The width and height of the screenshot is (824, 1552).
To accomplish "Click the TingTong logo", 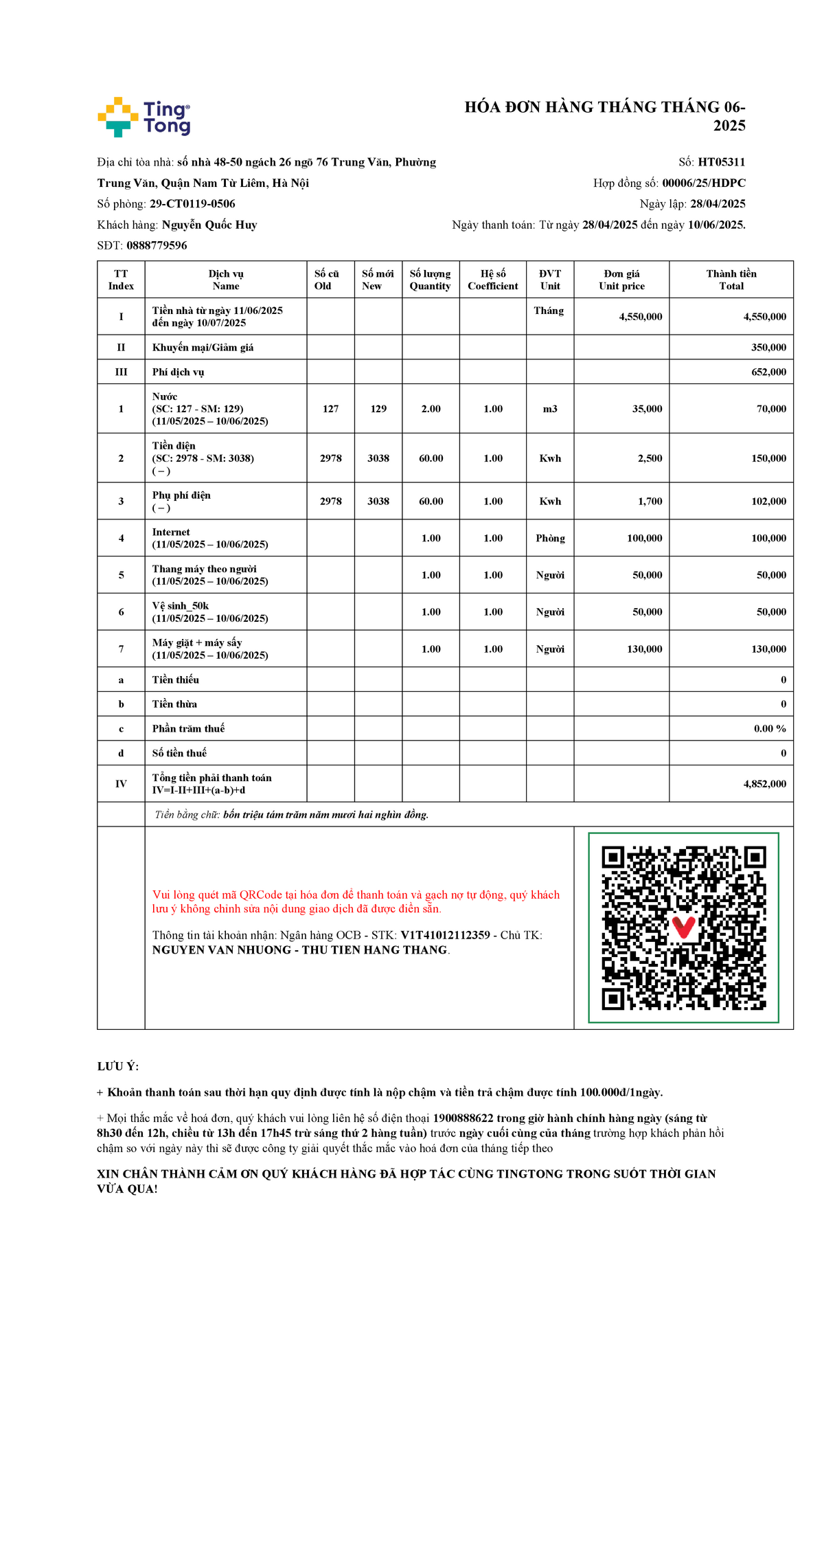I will (144, 117).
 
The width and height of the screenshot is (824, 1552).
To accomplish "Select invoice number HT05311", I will (721, 162).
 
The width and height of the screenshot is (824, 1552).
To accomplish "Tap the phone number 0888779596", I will (157, 245).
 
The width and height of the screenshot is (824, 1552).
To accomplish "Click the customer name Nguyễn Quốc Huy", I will (209, 225).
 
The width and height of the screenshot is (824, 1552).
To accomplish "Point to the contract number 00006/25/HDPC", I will (703, 183).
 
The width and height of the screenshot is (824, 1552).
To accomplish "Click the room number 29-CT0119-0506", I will (192, 204).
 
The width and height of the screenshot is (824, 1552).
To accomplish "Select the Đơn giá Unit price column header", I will (621, 280).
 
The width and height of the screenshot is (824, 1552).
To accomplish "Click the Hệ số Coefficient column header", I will (492, 280).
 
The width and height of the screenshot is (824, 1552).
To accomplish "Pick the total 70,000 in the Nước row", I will (771, 409).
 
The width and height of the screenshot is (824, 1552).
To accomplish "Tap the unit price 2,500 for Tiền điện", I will (650, 458).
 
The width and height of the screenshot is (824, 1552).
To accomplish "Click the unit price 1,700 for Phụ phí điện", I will (650, 502).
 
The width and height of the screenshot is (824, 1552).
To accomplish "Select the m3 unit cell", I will (550, 409).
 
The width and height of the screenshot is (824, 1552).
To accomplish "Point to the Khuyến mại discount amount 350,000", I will (768, 348).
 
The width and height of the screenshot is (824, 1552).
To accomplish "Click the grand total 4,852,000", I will (764, 784).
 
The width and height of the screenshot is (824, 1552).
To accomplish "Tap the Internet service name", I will (171, 532).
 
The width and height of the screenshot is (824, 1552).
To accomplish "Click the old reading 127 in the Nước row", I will (330, 409).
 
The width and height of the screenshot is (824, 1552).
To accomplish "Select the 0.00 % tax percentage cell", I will (770, 729).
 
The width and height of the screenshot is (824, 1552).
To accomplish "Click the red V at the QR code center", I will (683, 927).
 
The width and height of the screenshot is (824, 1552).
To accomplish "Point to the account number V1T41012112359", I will (445, 935).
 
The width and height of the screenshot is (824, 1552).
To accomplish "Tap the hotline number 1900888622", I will (463, 1118).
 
